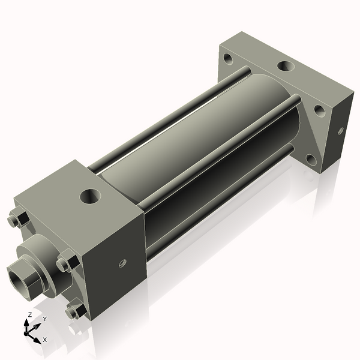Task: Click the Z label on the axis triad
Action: click(30, 315)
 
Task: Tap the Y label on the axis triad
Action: click(44, 319)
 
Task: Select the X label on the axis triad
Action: click(45, 340)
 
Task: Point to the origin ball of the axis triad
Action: click(28, 330)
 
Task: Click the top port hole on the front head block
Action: click(91, 195)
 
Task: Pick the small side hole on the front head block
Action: click(122, 262)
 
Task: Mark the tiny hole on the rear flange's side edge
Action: click(341, 130)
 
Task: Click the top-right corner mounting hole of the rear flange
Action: click(320, 111)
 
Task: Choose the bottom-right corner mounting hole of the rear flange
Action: click(311, 160)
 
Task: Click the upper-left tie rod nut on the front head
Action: click(17, 220)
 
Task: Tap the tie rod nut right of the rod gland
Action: click(65, 263)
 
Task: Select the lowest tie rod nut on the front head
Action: click(74, 311)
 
